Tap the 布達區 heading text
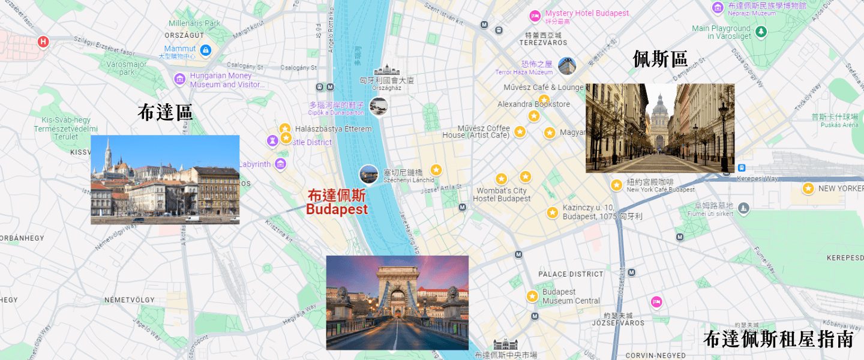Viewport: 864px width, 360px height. point(166,112)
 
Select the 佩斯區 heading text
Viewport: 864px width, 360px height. point(661,59)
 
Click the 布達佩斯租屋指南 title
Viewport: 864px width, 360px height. point(778,339)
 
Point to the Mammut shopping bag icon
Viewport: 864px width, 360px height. point(206,49)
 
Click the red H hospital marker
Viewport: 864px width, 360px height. point(43,41)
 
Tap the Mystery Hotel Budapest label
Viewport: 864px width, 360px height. point(587,13)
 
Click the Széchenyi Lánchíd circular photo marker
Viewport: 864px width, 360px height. point(368,174)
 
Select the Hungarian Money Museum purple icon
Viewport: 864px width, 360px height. point(179,79)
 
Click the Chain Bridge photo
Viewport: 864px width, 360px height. point(397,302)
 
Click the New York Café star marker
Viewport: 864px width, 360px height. point(616,185)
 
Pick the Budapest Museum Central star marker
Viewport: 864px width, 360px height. point(532,296)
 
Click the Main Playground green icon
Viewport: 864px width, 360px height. point(761,31)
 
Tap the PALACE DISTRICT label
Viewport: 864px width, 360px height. point(571,274)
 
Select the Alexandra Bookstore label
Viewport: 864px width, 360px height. point(533,104)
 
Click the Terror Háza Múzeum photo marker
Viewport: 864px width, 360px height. point(566,66)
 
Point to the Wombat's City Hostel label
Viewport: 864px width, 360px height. point(502,194)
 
